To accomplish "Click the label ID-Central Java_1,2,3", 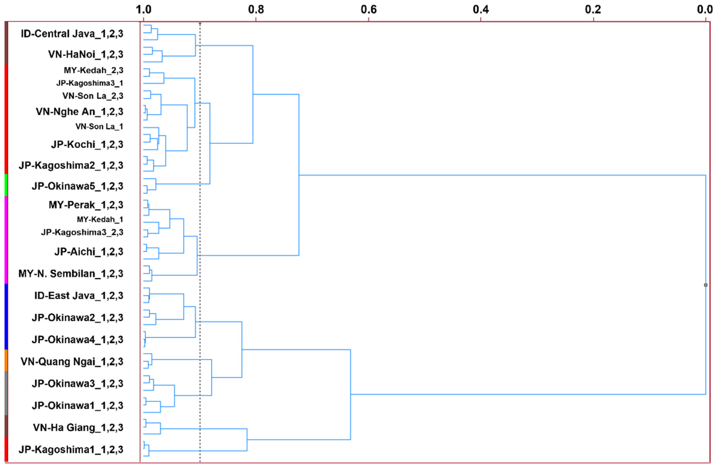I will (72, 34).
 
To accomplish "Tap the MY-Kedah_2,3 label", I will (93, 70).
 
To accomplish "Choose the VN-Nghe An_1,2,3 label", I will (79, 112).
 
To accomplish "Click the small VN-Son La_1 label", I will (99, 126).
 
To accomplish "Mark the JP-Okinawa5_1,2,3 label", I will (77, 186).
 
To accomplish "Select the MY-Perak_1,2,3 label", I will (86, 205).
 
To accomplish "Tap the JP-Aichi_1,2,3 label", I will (89, 252).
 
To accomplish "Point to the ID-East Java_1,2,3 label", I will (79, 296).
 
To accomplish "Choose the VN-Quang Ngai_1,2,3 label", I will (72, 361).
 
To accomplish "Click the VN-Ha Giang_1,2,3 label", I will (78, 428).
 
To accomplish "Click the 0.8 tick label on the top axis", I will (256, 10).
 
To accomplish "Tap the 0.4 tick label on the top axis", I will (481, 10).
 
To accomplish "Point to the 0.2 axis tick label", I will (593, 10).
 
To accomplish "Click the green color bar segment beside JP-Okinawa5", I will (6, 185).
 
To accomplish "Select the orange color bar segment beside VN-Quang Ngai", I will (6, 360).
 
